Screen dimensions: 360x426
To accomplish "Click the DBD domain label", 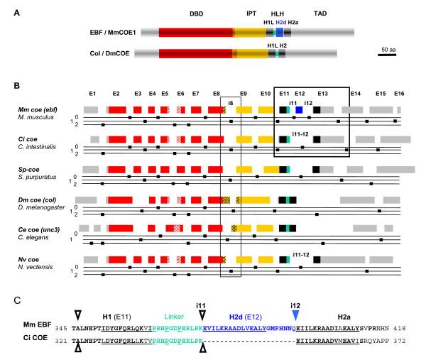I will [196, 14].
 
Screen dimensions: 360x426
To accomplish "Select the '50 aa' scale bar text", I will [388, 49].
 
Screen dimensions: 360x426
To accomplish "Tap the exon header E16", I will [399, 93].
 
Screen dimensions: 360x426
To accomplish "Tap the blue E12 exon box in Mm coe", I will [300, 109].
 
